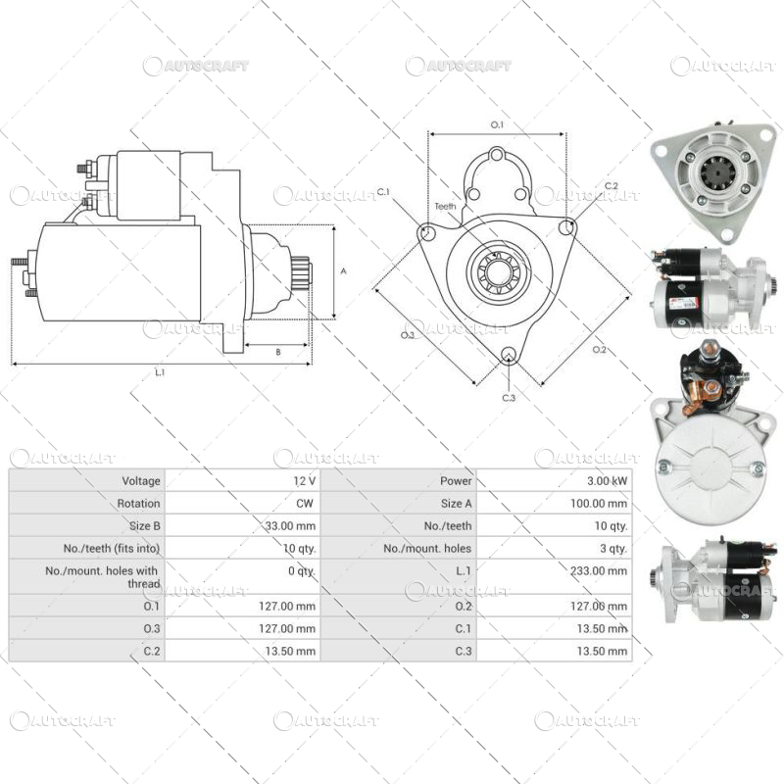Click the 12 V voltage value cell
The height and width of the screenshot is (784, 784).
(305, 481)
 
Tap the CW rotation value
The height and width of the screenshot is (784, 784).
(305, 504)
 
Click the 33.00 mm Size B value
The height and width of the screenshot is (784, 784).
(292, 526)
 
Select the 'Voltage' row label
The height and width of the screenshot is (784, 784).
(140, 481)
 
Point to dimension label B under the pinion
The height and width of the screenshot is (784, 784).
(277, 351)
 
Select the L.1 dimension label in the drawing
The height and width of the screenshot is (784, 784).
(160, 372)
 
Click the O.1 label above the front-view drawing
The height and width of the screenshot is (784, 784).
(496, 124)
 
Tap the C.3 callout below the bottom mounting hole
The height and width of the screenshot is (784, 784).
(509, 398)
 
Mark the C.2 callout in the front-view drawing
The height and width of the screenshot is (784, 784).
(611, 186)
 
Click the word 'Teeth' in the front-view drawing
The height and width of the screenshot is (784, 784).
(446, 207)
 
